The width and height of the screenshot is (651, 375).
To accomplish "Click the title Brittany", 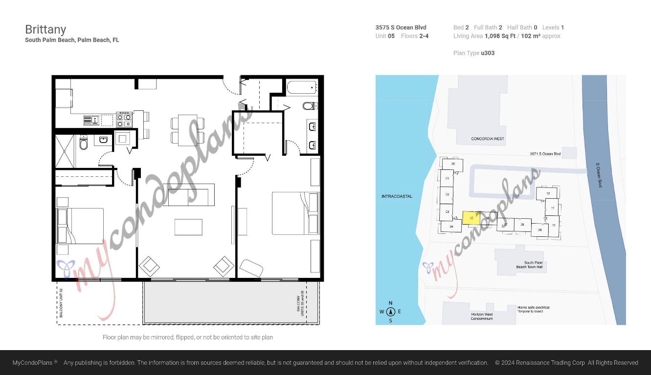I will pyautogui.click(x=45, y=29).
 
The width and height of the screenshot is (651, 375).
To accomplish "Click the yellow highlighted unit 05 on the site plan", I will pyautogui.click(x=471, y=218).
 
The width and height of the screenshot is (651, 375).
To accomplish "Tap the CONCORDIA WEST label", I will pyautogui.click(x=487, y=139).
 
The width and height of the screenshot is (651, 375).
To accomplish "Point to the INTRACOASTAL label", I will pyautogui.click(x=397, y=196).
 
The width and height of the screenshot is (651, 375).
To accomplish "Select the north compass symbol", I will pyautogui.click(x=390, y=312).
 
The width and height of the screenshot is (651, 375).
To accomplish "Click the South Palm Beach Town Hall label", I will pyautogui.click(x=529, y=265).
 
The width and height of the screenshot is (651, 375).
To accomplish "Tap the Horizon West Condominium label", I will pyautogui.click(x=482, y=316).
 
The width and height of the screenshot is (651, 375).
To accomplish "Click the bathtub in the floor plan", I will pyautogui.click(x=302, y=88).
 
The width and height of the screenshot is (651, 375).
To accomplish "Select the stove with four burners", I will pyautogui.click(x=124, y=120).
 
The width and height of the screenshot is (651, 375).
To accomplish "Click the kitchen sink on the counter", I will pyautogui.click(x=92, y=120).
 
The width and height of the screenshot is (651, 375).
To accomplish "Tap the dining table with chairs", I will pyautogui.click(x=187, y=130).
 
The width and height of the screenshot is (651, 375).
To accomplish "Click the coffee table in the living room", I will pyautogui.click(x=188, y=227).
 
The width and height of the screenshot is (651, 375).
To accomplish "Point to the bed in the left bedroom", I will pyautogui.click(x=81, y=226).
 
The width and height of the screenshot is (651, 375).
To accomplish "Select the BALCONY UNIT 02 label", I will pyautogui.click(x=61, y=303).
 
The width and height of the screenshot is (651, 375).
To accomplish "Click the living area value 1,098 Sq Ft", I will pyautogui.click(x=500, y=36).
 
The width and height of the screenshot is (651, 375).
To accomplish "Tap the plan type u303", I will pyautogui.click(x=488, y=53).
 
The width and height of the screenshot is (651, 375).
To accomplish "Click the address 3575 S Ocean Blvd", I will pyautogui.click(x=401, y=27).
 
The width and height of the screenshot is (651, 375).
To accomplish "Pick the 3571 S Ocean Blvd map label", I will pyautogui.click(x=545, y=154).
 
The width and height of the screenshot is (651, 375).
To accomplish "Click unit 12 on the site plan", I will pyautogui.click(x=548, y=194).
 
